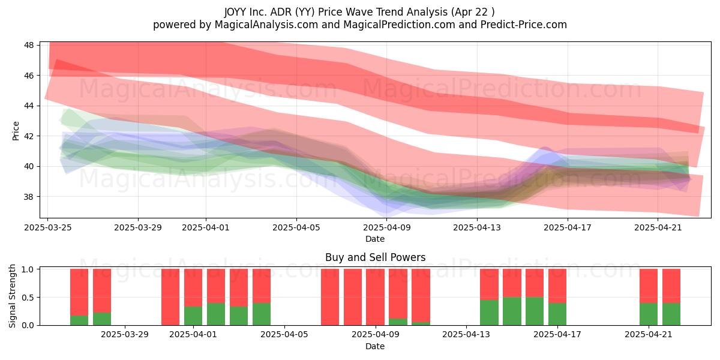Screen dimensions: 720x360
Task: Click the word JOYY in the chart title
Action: (235, 12)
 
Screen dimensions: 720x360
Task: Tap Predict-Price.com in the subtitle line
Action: (524, 25)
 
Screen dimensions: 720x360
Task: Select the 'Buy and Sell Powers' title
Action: (375, 257)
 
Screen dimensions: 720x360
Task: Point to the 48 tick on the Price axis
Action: (29, 45)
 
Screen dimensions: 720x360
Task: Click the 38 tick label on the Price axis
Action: (29, 197)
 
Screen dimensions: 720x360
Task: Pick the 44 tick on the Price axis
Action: (29, 106)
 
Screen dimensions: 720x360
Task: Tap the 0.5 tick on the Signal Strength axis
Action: (28, 298)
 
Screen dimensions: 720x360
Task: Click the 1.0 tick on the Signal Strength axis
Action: (28, 269)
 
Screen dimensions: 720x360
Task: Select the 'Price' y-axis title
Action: (16, 131)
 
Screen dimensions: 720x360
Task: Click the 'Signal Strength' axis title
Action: (12, 296)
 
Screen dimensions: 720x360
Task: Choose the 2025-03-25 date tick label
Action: (48, 227)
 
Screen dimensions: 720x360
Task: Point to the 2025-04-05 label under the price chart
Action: (296, 227)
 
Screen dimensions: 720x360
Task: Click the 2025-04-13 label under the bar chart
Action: (466, 335)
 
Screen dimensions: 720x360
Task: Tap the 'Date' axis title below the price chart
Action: (375, 239)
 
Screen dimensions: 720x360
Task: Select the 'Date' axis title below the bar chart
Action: (375, 346)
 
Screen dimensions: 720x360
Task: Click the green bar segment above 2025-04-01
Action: (193, 316)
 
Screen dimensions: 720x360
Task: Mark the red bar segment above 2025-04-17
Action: (557, 286)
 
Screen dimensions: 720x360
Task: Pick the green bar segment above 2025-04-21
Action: (649, 314)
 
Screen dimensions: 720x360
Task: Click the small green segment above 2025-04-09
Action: (398, 322)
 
